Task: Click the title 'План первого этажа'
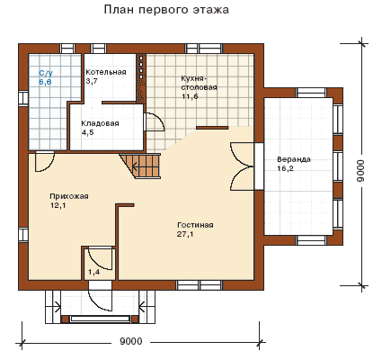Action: [x=166, y=10]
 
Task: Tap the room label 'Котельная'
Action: [x=106, y=72]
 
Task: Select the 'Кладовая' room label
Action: [x=100, y=123]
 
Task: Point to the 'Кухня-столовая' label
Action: [x=199, y=83]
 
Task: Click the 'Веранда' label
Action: [x=294, y=159]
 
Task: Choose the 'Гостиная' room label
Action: [x=195, y=225]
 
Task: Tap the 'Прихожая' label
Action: [x=69, y=196]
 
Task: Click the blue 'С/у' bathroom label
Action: [x=46, y=73]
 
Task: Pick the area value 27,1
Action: [x=185, y=234]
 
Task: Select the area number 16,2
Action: [x=285, y=168]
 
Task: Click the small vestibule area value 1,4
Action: [x=93, y=272]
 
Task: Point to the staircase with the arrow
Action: [x=141, y=166]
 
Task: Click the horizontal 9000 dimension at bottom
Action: [x=131, y=341]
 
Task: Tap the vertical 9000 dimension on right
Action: [x=360, y=170]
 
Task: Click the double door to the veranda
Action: [x=242, y=166]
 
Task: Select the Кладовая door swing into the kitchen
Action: [x=154, y=121]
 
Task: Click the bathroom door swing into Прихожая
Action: [x=45, y=162]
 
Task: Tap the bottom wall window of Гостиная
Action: [x=199, y=285]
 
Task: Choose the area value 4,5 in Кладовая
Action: [x=87, y=132]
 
